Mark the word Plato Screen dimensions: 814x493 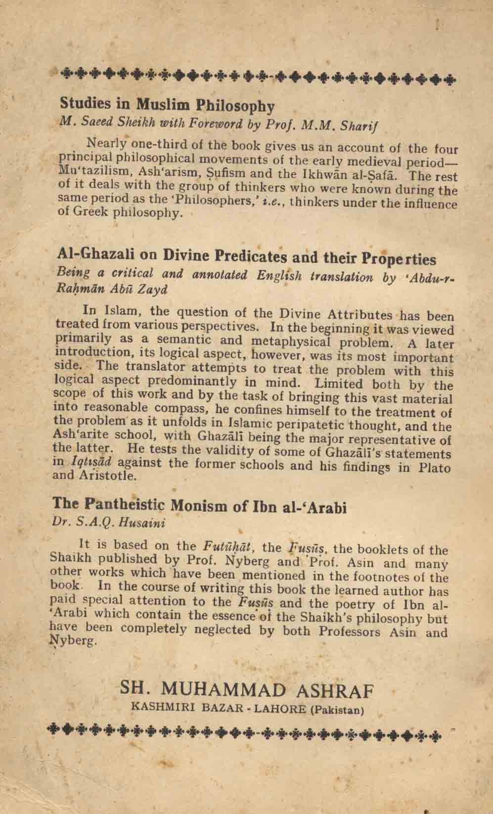[x=435, y=469]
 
